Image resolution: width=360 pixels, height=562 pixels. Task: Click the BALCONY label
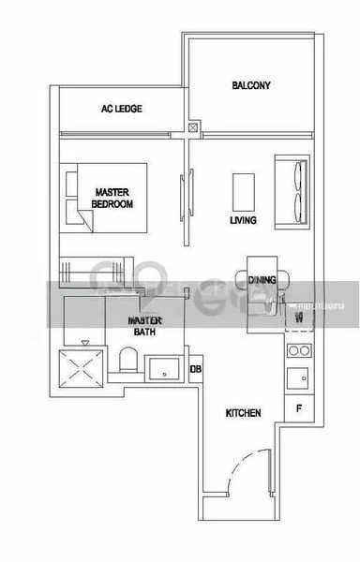tap(250, 86)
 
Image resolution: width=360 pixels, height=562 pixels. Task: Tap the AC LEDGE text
tap(122, 110)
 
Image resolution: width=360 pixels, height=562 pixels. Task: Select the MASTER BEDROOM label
tap(113, 198)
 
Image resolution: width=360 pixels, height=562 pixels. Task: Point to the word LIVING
tap(244, 222)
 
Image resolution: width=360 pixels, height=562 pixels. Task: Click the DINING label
tap(262, 279)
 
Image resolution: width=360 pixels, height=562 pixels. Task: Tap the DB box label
tap(195, 368)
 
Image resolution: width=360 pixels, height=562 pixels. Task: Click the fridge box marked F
tap(298, 408)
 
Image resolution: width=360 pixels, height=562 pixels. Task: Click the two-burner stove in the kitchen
tap(298, 351)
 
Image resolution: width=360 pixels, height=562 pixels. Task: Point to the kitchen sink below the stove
tap(298, 377)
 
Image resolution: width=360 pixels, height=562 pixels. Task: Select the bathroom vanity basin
tap(165, 367)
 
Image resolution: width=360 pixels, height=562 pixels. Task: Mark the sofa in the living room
tap(290, 192)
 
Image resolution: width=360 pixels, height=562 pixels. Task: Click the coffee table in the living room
tap(244, 191)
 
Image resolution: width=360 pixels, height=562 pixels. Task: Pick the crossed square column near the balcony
tap(193, 128)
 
